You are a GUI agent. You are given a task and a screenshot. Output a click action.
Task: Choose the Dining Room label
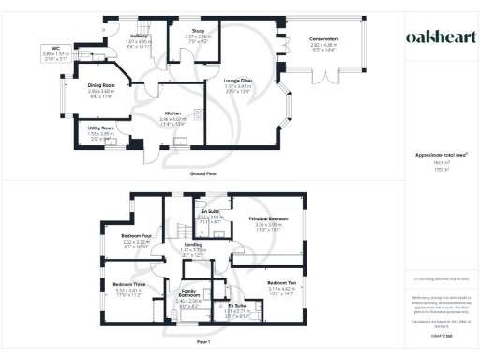click(x=100, y=86)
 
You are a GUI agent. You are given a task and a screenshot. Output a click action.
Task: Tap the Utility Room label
click(x=100, y=127)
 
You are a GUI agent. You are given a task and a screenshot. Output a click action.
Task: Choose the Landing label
click(x=193, y=244)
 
